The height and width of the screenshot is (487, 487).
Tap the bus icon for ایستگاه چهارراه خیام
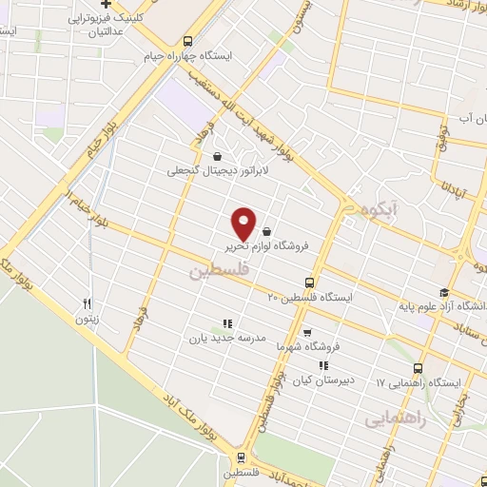[186, 41]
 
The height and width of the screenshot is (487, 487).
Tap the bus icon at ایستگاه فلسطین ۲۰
[309, 282]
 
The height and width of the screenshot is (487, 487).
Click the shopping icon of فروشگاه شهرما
[306, 333]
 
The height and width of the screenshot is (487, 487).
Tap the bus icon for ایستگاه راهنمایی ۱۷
[418, 368]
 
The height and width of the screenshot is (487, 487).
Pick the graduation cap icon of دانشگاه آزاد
[443, 292]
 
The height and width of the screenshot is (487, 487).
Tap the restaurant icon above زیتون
[87, 303]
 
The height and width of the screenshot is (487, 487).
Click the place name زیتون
[88, 320]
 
